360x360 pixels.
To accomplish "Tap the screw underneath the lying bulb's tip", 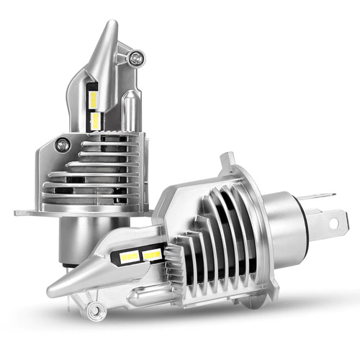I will point(91,310).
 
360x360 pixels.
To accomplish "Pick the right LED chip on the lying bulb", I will point(152,254).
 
